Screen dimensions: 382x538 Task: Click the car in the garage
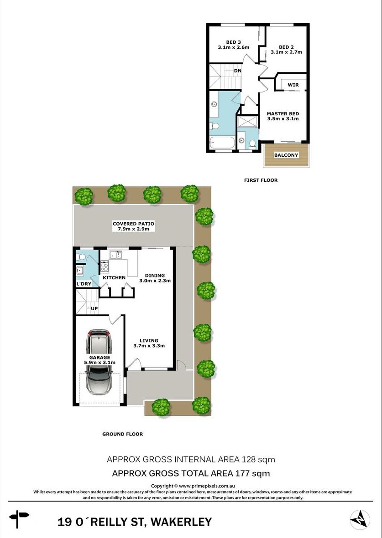[x=99, y=362]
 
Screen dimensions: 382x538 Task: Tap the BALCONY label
[x=286, y=155]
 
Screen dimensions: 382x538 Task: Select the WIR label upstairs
[x=293, y=85]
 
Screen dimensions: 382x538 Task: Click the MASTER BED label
[x=283, y=113]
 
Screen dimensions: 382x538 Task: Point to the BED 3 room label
[x=234, y=42]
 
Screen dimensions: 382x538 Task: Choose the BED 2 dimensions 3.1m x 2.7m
[x=287, y=52]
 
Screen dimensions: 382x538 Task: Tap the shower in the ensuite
[x=248, y=121]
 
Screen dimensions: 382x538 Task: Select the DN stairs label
[x=238, y=71]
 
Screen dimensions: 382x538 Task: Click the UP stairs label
[x=94, y=308]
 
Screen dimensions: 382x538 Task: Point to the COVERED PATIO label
[x=133, y=224]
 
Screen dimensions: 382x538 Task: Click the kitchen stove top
[x=105, y=266]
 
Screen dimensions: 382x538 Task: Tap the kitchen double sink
[x=116, y=255]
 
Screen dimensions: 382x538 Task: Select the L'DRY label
[x=84, y=284]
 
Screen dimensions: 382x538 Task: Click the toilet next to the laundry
[x=81, y=256]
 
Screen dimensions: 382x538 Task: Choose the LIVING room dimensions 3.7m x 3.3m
[x=149, y=346]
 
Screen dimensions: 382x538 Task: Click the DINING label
[x=155, y=275]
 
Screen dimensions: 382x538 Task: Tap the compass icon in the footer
[x=360, y=520]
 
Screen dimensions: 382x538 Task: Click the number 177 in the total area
[x=242, y=473]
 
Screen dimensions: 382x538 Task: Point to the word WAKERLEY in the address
[x=181, y=522]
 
